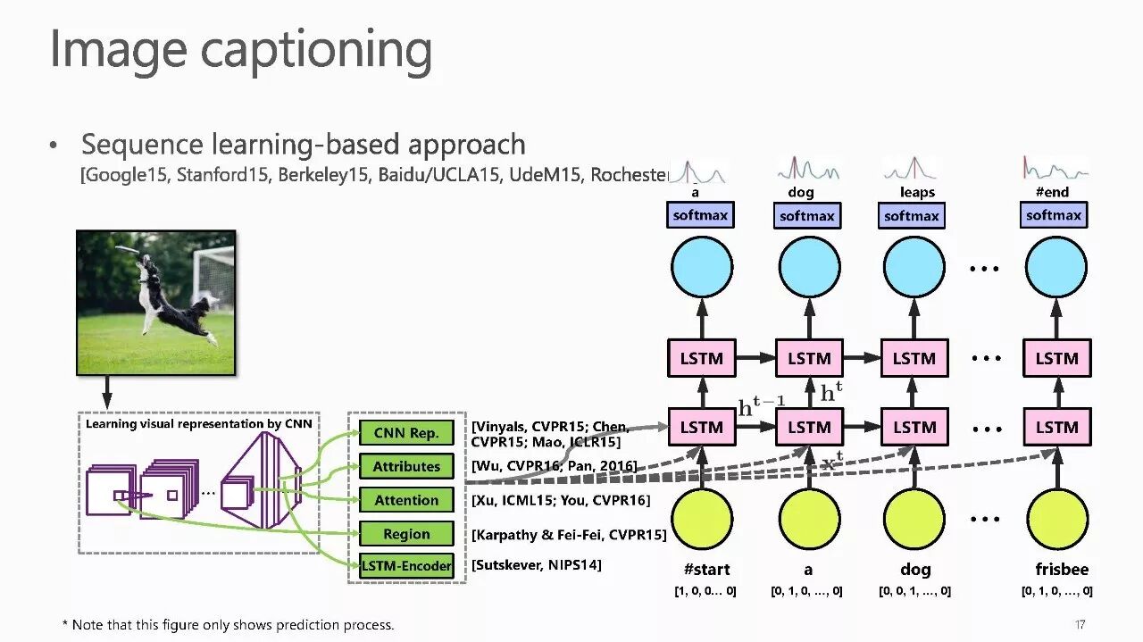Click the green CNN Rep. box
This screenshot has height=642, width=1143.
tap(406, 433)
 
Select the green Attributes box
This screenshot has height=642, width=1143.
tap(406, 466)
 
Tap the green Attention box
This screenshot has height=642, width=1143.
tap(406, 500)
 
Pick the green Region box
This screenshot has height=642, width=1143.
tap(406, 534)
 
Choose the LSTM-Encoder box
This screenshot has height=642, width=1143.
tap(406, 565)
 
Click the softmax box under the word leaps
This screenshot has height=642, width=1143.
tap(912, 216)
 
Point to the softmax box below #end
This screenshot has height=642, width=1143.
tap(1054, 215)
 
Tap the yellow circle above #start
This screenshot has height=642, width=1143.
tap(702, 519)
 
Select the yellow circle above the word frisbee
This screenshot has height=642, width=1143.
tap(1057, 519)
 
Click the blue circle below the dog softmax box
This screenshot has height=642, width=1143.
tap(809, 267)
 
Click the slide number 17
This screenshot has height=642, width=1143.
tap(1080, 624)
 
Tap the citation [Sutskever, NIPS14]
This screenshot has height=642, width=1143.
tap(537, 565)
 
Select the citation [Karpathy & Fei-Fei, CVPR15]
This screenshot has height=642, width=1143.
tap(569, 535)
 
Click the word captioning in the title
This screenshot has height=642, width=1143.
tap(317, 50)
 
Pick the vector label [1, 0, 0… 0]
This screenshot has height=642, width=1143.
tap(705, 591)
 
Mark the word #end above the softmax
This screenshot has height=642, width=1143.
tap(1052, 192)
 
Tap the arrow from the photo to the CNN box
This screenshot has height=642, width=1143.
tap(107, 391)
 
